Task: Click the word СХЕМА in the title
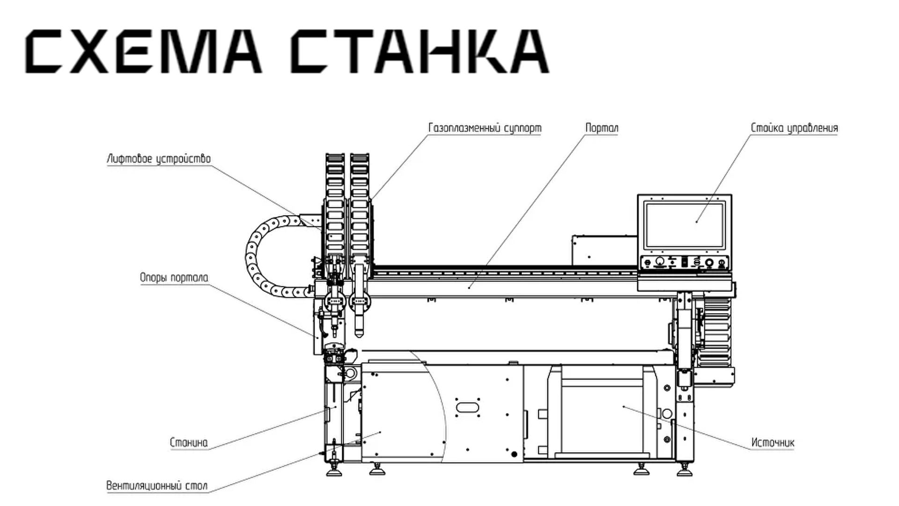143,52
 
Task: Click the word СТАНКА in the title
419,52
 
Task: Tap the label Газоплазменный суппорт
485,128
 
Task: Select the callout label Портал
602,128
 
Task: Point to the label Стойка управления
794,128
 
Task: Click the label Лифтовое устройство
159,159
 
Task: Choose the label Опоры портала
174,277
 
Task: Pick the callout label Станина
189,442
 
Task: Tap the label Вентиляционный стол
157,485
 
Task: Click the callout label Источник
773,442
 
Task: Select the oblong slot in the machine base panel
467,407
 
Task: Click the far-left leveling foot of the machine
334,471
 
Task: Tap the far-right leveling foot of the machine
685,471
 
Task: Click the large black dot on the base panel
514,454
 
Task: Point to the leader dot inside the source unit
624,407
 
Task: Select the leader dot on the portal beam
469,287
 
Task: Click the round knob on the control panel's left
660,261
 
